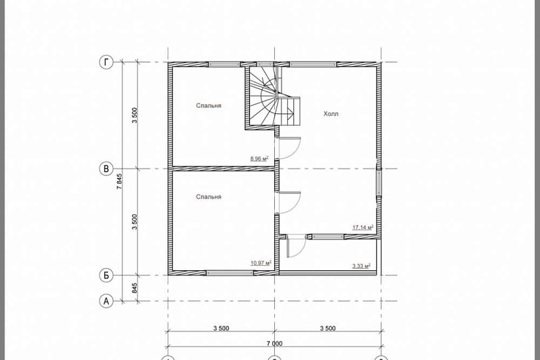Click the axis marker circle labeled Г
pos(106,62)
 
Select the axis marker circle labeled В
pos(106,169)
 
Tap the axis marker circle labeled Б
pos(106,276)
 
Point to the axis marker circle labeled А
pos(106,301)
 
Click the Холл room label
pos(331,114)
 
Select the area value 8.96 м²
pos(259,159)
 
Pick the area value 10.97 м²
pos(261,263)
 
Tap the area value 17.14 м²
pos(363,227)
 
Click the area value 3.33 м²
pos(361,266)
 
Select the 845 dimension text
pos(135,288)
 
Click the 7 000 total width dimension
pos(274,344)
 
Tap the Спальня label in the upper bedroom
pos(209,105)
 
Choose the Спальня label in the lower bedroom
pos(209,197)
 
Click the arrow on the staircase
pos(289,111)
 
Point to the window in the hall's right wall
pos(379,183)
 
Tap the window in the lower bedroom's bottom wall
pos(230,273)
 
